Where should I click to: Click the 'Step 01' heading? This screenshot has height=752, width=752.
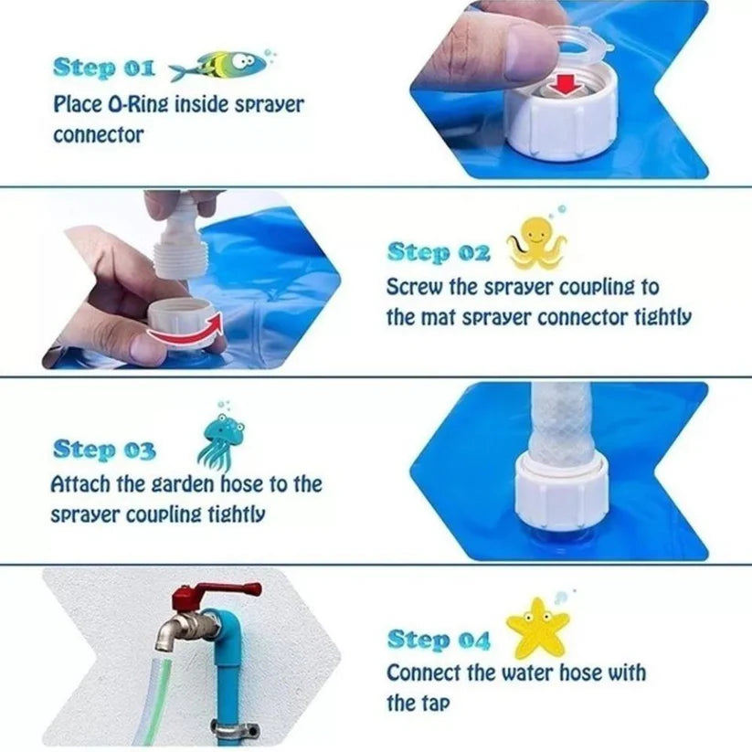click(104, 69)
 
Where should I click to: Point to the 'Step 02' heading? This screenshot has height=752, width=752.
click(439, 253)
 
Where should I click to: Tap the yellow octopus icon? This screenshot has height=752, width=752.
click(537, 242)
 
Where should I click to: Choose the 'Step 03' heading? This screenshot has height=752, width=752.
click(104, 450)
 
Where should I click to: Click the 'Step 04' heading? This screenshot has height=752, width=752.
click(439, 640)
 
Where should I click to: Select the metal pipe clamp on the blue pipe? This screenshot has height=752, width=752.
click(236, 730)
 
